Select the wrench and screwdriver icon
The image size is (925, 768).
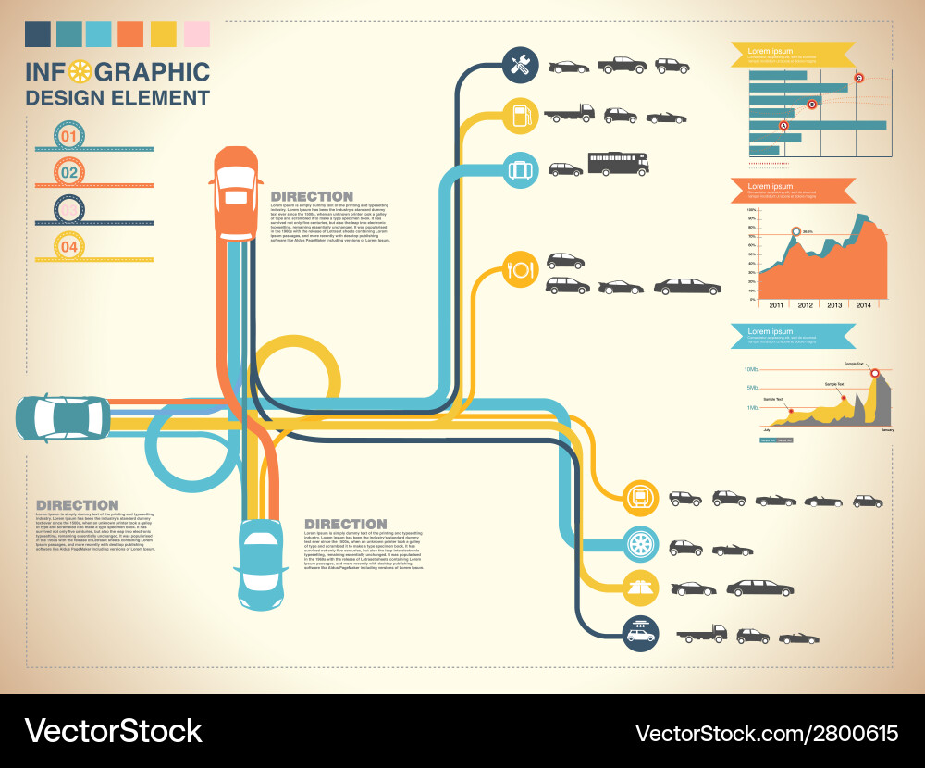coord(520,65)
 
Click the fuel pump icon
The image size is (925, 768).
coord(520,115)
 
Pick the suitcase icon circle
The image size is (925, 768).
coord(520,169)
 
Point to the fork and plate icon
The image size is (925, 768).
coord(519,270)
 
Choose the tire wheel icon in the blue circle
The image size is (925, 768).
coord(640,543)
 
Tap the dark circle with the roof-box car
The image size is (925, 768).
coord(640,634)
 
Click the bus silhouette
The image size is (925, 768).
coord(618,164)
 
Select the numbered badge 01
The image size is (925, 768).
coord(69,135)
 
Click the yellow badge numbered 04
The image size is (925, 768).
coord(69,246)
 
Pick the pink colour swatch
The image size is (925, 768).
coord(197,34)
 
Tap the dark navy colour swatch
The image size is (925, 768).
coord(38,34)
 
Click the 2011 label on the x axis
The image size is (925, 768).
coord(775,305)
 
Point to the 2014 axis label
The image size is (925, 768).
coord(863,305)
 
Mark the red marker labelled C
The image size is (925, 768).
coord(858,78)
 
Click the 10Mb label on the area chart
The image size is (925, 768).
coord(751,369)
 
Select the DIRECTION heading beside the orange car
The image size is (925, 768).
coord(312,196)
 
